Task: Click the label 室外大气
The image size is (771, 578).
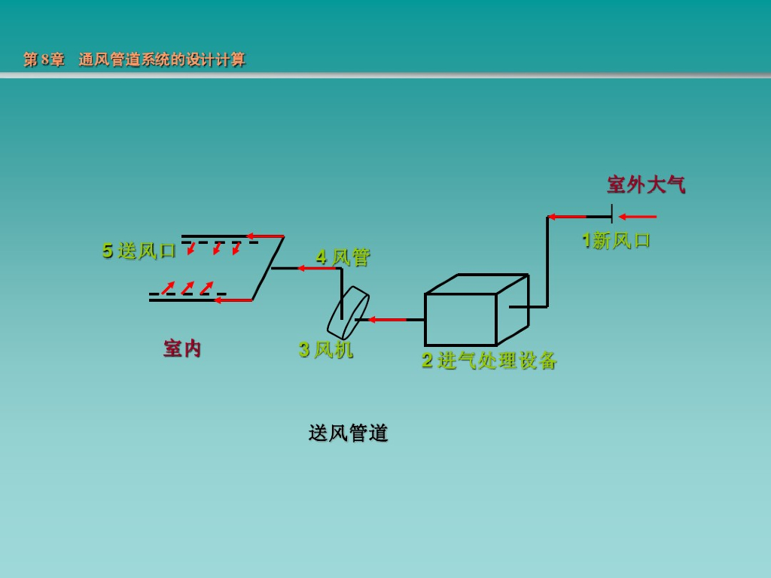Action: pyautogui.click(x=646, y=184)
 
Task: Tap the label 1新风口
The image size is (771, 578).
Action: pyautogui.click(x=616, y=240)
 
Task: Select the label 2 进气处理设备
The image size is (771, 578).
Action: pyautogui.click(x=489, y=360)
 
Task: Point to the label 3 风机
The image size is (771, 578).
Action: pyautogui.click(x=325, y=349)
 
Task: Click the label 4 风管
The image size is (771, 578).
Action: pyautogui.click(x=343, y=257)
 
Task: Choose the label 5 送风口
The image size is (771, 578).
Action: pyautogui.click(x=139, y=251)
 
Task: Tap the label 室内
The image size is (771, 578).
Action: pyautogui.click(x=183, y=348)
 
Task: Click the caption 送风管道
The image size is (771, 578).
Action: pyautogui.click(x=348, y=433)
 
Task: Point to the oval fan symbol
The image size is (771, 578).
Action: pyautogui.click(x=348, y=312)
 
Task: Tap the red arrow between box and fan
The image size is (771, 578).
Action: pyautogui.click(x=387, y=320)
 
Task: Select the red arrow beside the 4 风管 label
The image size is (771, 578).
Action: pyautogui.click(x=316, y=268)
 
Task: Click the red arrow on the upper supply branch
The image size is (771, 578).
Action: pyautogui.click(x=265, y=236)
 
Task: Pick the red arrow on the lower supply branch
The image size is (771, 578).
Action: pyautogui.click(x=233, y=300)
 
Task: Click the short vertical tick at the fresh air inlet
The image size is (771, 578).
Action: pyautogui.click(x=611, y=214)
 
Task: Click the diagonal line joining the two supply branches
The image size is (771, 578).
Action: pyautogui.click(x=268, y=268)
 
